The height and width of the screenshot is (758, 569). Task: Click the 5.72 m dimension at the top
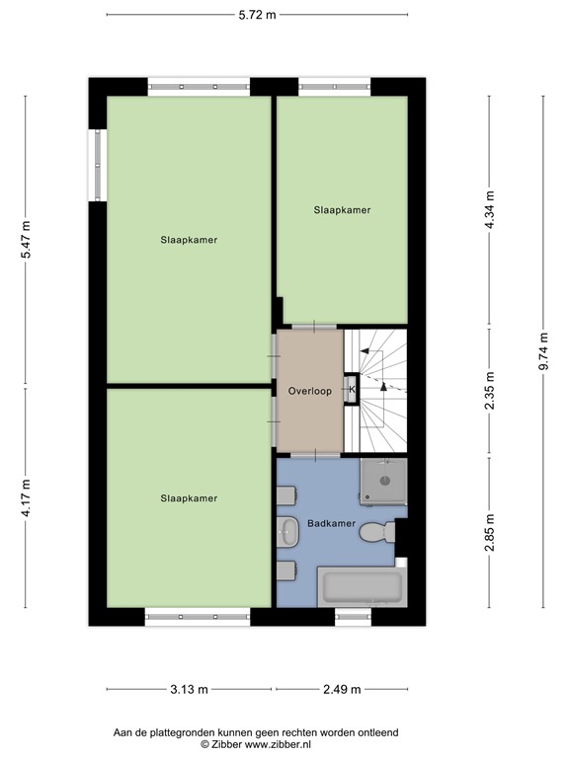click(257, 15)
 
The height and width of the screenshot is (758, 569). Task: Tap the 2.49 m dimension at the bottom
click(341, 689)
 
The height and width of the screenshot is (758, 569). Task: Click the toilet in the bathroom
click(377, 534)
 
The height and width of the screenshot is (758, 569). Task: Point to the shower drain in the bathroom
click(383, 483)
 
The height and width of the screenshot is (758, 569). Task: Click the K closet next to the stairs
click(351, 390)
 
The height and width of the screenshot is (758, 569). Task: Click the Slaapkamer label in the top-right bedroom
click(342, 210)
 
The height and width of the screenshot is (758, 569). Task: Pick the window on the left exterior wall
click(97, 164)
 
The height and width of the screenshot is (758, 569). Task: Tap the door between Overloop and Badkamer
click(310, 455)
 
